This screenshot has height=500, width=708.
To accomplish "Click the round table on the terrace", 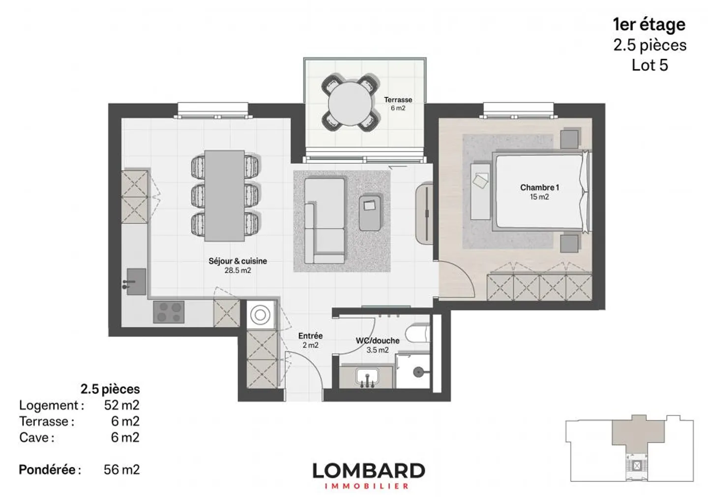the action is tap(350, 103).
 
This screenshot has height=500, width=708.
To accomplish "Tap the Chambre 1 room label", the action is tap(539, 192).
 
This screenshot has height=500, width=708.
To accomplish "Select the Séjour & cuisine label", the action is tap(237, 265).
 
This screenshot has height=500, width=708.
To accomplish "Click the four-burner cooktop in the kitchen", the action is tap(169, 312).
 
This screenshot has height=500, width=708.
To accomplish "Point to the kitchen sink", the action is tap(136, 281).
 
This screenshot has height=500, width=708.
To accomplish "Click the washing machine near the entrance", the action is tap(260, 315).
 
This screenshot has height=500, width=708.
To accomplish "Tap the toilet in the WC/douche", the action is tap(417, 334).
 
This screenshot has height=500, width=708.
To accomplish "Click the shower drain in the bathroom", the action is tap(418, 372).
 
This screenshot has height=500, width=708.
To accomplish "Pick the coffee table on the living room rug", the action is tap(370, 213).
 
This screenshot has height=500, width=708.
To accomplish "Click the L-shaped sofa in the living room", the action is tap(324, 221).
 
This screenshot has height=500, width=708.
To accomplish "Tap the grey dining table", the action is tap(224, 195).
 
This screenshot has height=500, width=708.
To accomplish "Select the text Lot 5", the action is tap(650, 65).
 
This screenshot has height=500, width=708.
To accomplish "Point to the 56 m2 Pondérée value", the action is tap(122, 470).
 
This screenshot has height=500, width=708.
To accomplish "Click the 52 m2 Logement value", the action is tap(122, 405).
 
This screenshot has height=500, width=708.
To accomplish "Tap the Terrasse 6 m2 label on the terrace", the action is tap(398, 104).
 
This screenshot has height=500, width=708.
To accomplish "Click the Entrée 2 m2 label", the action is tap(310, 340).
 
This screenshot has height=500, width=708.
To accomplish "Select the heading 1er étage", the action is tap(649, 25).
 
